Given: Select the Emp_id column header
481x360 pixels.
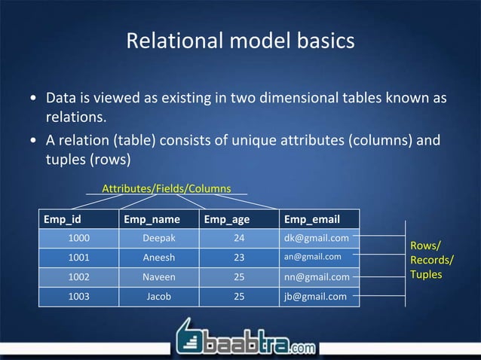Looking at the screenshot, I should [63, 220].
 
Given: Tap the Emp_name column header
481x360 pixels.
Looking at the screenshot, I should [152, 220].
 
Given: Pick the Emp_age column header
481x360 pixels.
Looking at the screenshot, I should [227, 220].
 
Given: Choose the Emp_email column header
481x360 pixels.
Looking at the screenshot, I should [311, 220].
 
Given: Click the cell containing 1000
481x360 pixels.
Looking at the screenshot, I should [79, 238].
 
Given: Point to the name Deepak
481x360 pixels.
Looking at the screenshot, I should [159, 238].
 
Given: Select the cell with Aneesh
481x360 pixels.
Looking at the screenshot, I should [159, 257].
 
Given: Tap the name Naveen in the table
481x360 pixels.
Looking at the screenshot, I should [159, 276].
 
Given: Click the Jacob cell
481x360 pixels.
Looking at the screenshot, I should [159, 296].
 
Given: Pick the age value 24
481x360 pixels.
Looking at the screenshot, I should [239, 238].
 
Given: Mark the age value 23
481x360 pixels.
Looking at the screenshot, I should [239, 257].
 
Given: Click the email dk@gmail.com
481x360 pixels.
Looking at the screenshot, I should [316, 238].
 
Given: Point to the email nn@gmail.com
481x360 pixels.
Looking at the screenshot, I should [317, 276].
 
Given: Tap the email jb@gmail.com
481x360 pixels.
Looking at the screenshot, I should [316, 296].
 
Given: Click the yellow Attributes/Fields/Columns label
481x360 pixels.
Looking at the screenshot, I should [166, 188].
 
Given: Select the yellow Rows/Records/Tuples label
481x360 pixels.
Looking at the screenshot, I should [431, 260].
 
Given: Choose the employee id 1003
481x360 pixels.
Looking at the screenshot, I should [79, 296].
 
